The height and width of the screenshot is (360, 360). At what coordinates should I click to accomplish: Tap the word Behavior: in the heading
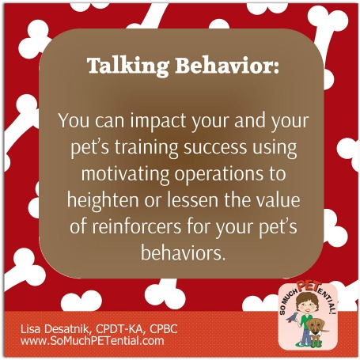point(227,65)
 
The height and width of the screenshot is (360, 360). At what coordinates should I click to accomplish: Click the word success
point(215,148)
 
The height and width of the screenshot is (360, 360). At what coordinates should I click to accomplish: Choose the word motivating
point(125,175)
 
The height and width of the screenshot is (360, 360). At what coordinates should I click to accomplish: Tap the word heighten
point(103,201)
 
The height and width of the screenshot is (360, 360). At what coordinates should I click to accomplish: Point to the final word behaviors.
point(184,253)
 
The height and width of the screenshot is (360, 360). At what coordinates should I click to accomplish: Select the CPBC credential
point(164,329)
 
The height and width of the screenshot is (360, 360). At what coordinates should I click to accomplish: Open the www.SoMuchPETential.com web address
point(93,341)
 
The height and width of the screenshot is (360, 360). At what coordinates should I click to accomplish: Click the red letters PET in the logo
point(309,286)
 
